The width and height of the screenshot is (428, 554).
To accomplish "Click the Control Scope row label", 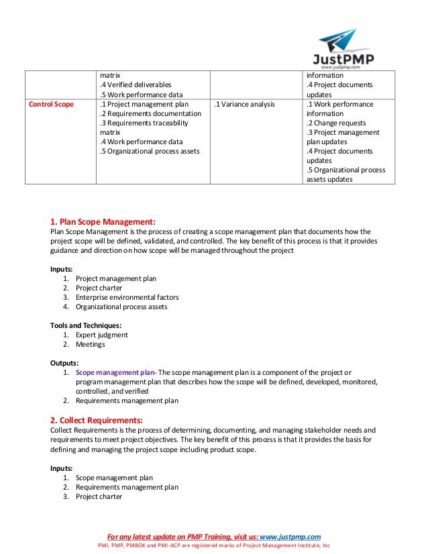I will (x=51, y=105).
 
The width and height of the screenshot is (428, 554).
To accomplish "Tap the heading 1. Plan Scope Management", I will (x=103, y=221).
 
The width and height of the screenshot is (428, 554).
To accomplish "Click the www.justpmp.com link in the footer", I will (x=290, y=536).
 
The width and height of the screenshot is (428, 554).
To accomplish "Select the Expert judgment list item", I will (x=102, y=335).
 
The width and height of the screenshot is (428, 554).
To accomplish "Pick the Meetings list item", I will (x=91, y=344).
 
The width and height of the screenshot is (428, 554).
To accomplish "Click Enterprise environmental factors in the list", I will (x=127, y=297).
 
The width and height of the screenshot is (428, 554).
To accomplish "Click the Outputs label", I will (x=64, y=362).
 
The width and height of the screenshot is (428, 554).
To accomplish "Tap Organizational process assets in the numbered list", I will (x=121, y=307).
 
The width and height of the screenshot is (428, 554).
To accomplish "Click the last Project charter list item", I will (x=99, y=497).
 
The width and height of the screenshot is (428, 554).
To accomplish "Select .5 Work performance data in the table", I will (x=140, y=95).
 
